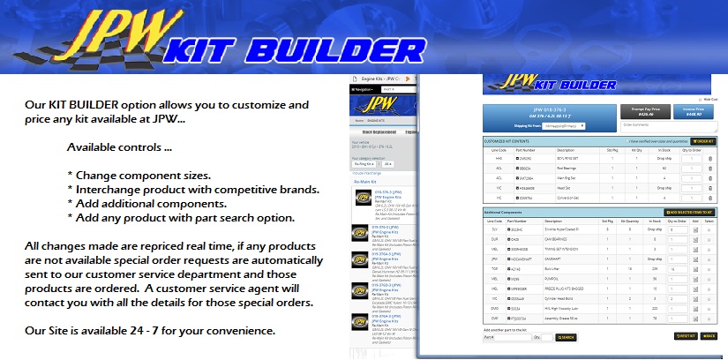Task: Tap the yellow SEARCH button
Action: coord(566,337)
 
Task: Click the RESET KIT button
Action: coord(685,336)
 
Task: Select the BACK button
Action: coord(709,336)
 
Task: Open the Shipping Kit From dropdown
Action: coord(582,126)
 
